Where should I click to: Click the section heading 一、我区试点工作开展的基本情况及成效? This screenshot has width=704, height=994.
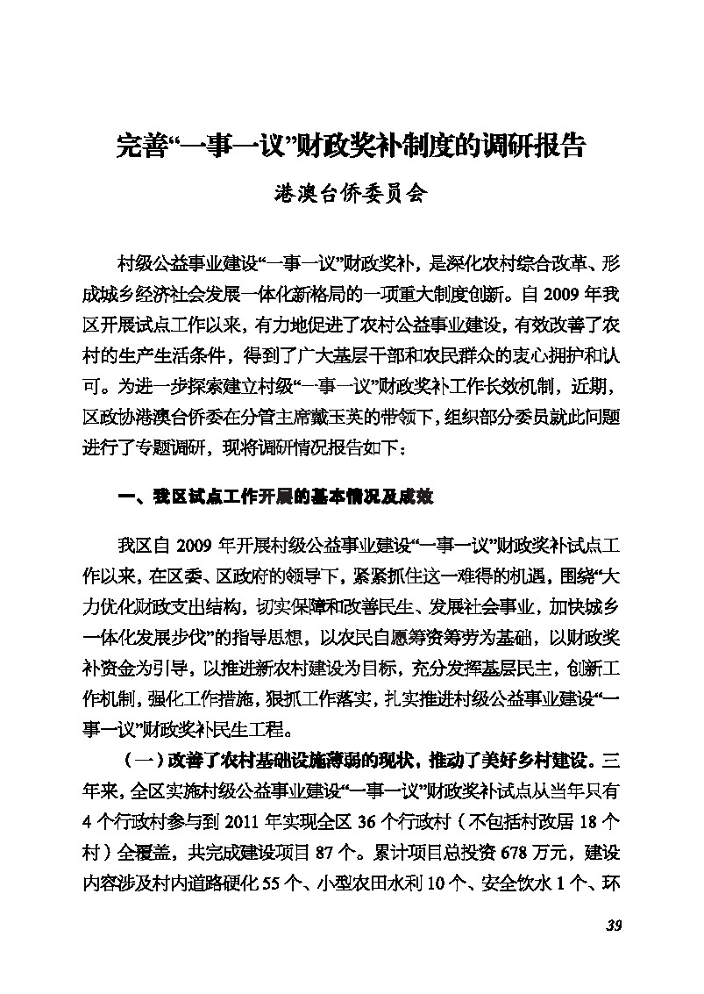point(274,497)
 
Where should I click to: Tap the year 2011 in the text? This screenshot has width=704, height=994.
point(245,823)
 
